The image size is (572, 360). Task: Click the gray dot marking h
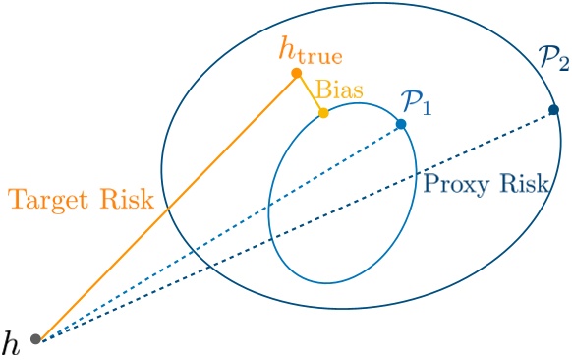(36, 339)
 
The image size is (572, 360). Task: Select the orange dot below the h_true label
(296, 73)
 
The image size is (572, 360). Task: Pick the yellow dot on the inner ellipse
(323, 113)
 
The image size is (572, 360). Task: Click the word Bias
(339, 90)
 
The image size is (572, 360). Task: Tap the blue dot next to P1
(401, 124)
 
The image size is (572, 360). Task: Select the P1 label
(417, 100)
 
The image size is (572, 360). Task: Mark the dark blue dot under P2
(553, 108)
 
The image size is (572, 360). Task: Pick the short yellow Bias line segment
(310, 93)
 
